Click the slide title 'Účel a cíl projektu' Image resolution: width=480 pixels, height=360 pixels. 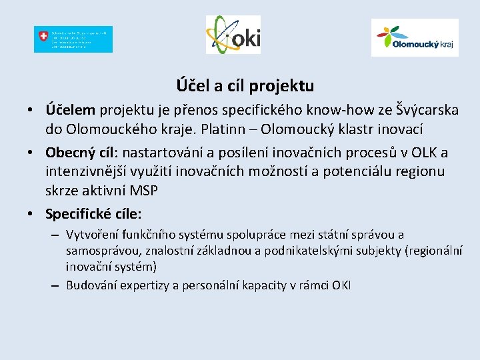(245, 86)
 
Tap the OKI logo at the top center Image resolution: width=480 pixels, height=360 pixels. (233, 35)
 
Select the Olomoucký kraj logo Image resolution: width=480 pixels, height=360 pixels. (414, 37)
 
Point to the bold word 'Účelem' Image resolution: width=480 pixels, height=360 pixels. (71, 109)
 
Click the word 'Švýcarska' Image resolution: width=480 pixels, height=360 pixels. (426, 109)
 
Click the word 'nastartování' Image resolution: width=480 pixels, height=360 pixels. (161, 153)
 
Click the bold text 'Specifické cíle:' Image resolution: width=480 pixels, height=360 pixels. (94, 214)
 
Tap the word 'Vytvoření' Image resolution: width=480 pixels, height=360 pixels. (91, 235)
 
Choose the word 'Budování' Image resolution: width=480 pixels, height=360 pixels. (90, 285)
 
